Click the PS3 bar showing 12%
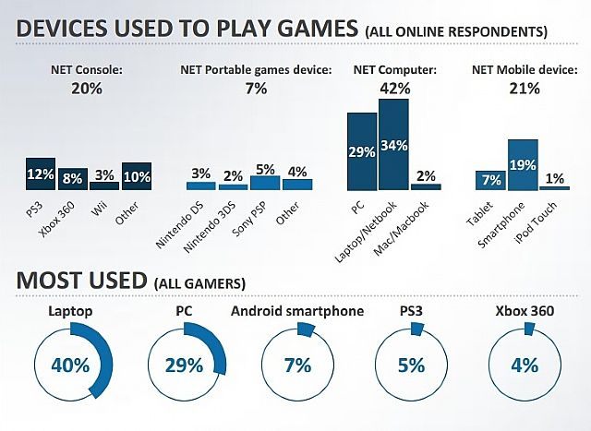click(40, 174)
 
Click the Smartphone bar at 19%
click(522, 164)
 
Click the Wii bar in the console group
click(103, 185)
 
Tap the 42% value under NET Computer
click(395, 89)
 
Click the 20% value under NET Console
click(86, 89)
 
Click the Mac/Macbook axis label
click(412, 222)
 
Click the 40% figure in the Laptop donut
click(69, 364)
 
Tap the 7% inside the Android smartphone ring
click(297, 364)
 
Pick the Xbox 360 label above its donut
click(524, 311)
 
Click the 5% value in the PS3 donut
click(411, 364)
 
